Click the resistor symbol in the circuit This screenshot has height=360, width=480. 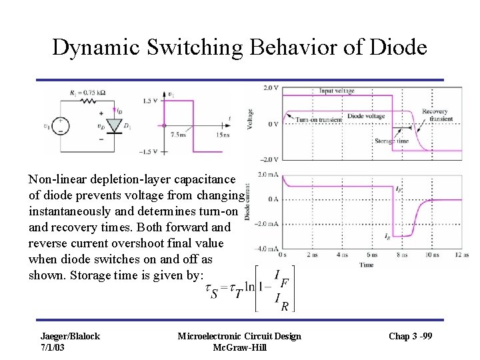coord(89,101)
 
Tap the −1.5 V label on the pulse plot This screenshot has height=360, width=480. coord(150,152)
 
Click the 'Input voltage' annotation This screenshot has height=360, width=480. coord(336,90)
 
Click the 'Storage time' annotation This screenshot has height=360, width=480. coord(391,141)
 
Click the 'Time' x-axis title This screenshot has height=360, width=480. coord(367,265)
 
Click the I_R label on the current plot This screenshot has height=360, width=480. coord(387,236)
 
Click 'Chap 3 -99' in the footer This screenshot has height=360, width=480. coord(410,335)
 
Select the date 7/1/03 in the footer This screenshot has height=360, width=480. coord(54,347)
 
